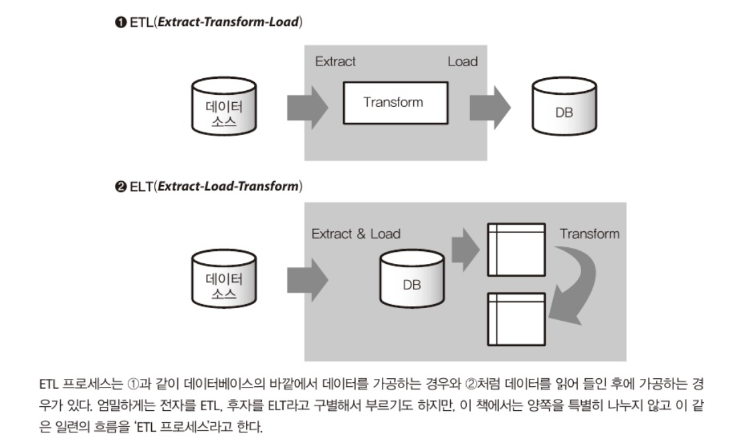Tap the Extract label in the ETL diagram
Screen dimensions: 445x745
335,61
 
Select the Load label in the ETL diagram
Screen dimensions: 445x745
462,61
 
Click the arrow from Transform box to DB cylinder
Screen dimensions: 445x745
489,105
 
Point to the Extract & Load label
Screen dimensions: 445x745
356,234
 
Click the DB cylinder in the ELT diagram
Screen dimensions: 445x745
411,279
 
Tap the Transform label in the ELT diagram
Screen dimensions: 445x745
589,234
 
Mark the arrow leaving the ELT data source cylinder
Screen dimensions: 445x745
307,277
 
